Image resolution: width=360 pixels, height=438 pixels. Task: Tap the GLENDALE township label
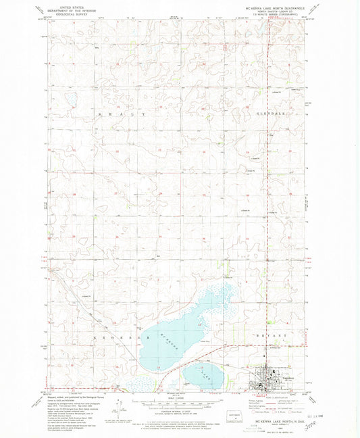pyautogui.click(x=274, y=114)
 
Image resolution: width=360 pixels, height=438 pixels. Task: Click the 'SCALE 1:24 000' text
pyautogui.click(x=180, y=397)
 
